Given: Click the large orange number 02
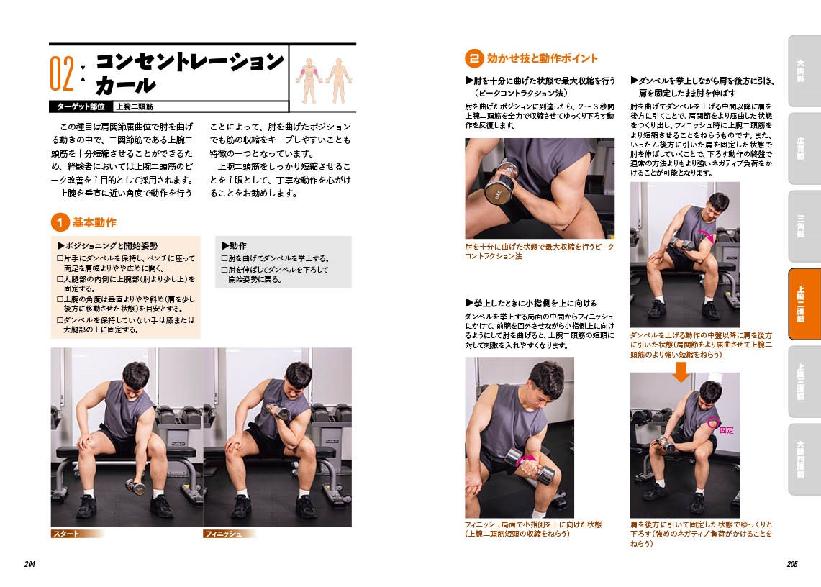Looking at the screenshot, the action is (63, 74).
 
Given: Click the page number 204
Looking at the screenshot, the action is (30, 564).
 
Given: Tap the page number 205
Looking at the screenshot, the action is (792, 564).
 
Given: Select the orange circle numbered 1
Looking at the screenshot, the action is (60, 222).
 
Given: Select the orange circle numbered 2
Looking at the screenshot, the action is (474, 58).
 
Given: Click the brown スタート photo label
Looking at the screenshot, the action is (76, 534).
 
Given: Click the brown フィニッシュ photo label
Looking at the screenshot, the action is (230, 534).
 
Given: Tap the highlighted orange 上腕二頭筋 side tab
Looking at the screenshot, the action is (803, 304).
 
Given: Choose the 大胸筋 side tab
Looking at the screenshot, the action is (803, 70).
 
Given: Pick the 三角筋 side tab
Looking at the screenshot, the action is (803, 226).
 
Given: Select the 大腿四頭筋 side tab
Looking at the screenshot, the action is (803, 459).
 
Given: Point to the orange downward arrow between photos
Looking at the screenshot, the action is (681, 371).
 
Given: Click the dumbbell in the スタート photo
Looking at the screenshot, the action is (135, 487).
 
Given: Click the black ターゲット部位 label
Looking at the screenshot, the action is (81, 106).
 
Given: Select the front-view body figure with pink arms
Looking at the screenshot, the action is (309, 80).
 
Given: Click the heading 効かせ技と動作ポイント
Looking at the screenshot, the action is (542, 58).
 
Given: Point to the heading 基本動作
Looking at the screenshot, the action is (94, 222).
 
